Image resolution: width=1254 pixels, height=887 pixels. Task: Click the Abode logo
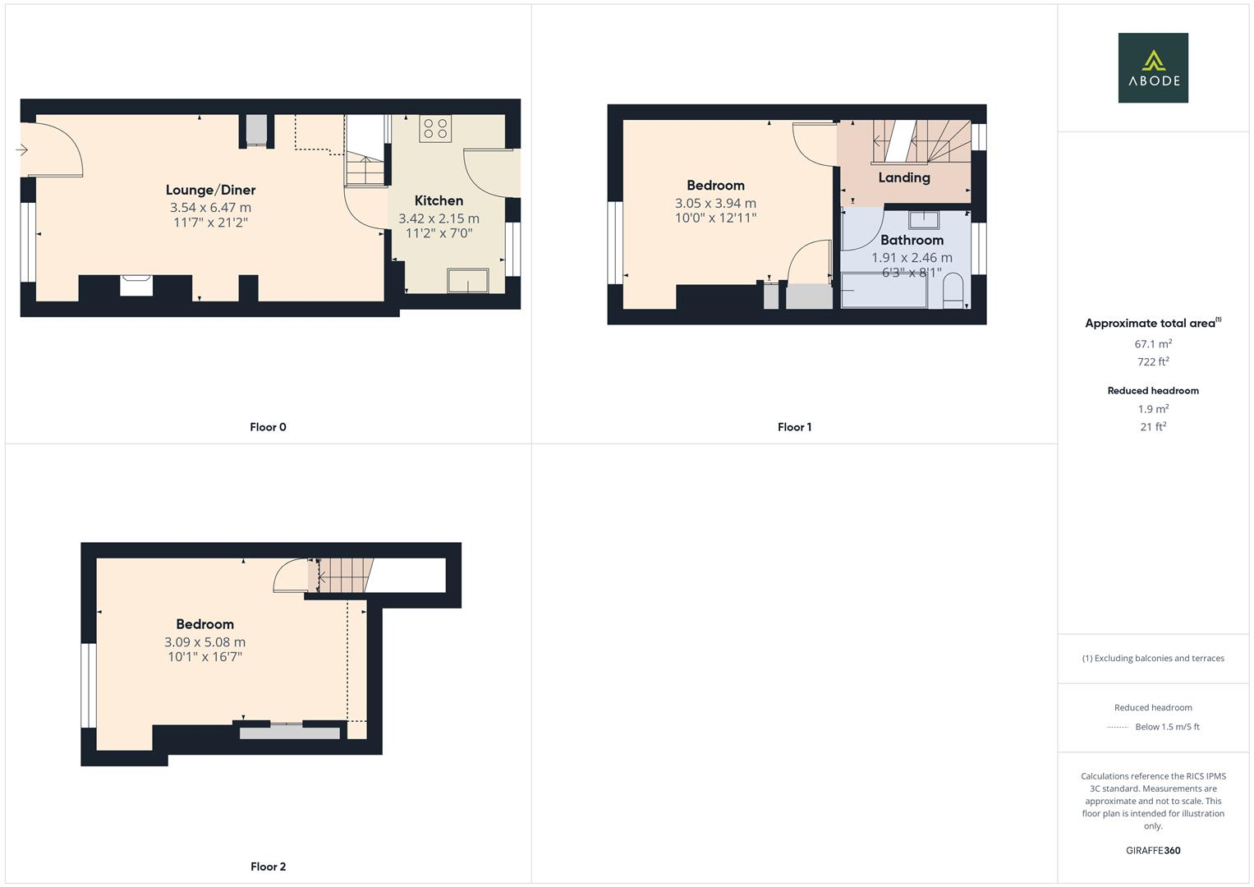[1152, 67]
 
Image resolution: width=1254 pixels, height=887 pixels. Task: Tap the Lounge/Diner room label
[210, 190]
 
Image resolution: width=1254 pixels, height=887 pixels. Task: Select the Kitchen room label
[439, 200]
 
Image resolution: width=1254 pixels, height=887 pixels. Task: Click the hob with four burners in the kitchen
[434, 128]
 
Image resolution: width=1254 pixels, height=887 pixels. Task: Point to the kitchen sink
[467, 280]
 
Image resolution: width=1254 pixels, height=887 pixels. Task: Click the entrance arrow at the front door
[21, 149]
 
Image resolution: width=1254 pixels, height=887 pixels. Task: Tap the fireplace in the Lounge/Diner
[136, 285]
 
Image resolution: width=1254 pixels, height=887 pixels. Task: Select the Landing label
[903, 177]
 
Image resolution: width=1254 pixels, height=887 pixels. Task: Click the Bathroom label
[912, 240]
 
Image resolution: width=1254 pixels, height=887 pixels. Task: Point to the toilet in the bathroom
[953, 292]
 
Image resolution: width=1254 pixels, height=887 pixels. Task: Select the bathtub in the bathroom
[884, 292]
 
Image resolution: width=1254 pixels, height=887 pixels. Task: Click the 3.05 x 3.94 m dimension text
[715, 203]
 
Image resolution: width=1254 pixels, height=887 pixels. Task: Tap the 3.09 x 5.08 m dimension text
[204, 642]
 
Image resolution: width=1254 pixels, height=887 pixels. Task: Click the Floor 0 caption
[268, 427]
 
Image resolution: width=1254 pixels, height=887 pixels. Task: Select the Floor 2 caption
[268, 866]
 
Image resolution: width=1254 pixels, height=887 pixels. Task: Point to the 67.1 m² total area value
[1152, 344]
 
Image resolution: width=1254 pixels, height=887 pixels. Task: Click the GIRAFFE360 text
[1152, 850]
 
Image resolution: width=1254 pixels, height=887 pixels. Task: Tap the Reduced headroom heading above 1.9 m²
[1152, 391]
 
